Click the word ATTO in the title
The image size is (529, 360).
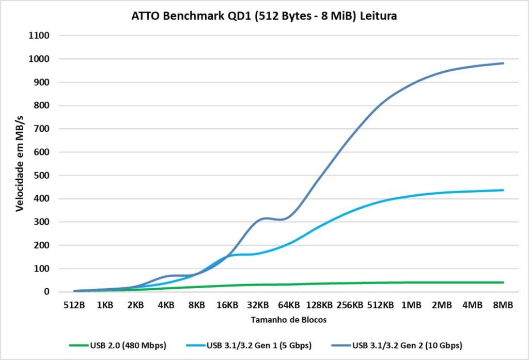point(147,17)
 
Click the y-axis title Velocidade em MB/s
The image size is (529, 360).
point(20,163)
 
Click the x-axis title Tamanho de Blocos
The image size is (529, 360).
point(289,320)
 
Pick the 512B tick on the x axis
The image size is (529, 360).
point(74,305)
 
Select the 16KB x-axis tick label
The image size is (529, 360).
point(227,305)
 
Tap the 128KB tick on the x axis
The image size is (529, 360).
point(319,305)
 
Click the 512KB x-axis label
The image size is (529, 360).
point(380,305)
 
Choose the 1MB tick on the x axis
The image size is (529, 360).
point(411,305)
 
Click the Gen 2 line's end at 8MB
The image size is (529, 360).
point(503,64)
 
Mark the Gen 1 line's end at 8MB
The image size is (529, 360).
point(503,190)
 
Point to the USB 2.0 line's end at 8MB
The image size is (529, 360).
point(503,283)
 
